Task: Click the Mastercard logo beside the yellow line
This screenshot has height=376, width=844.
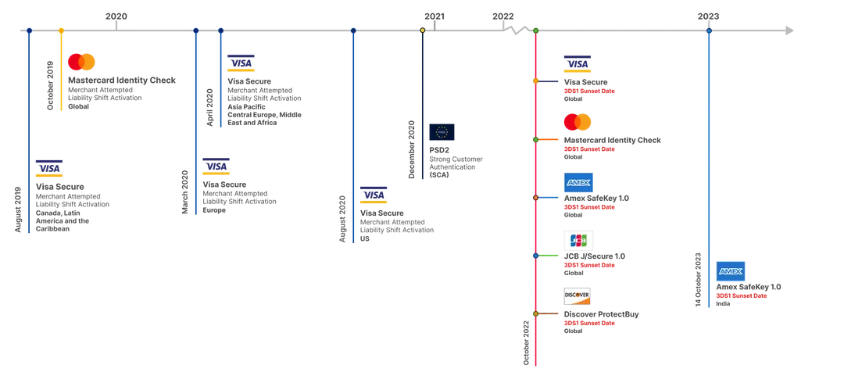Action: (81, 62)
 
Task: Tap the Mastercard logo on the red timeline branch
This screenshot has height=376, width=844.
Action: (578, 122)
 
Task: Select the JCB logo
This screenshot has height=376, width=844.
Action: (578, 238)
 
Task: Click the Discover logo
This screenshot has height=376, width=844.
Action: (578, 296)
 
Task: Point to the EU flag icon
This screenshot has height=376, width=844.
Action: (442, 131)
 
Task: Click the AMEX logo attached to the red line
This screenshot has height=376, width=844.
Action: (578, 182)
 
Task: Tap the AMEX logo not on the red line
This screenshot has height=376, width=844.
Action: (731, 270)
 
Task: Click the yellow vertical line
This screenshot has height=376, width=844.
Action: (60, 70)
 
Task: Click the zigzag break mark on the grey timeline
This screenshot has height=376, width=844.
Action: (513, 31)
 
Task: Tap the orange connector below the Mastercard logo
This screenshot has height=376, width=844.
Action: (550, 139)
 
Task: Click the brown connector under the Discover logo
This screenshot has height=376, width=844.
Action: (550, 315)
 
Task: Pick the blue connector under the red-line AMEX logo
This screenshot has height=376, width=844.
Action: (550, 197)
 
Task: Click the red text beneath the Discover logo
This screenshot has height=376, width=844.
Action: (590, 322)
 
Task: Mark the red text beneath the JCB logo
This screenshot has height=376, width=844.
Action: (590, 265)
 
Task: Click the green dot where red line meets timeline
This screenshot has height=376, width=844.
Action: (536, 30)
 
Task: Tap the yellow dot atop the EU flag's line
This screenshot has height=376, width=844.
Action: (422, 30)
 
